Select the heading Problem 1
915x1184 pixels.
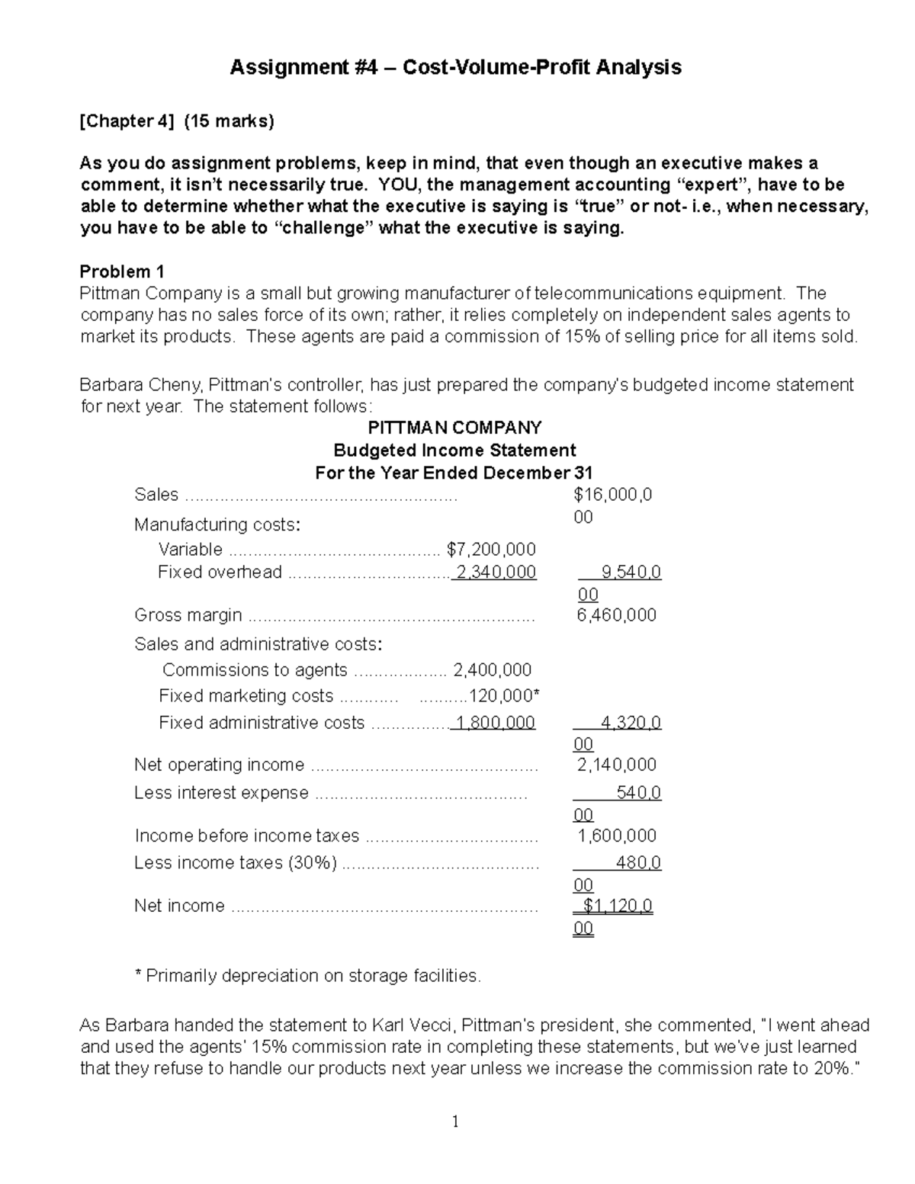click(x=122, y=272)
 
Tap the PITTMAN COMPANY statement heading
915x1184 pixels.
click(x=454, y=428)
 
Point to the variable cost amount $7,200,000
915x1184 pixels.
click(x=491, y=550)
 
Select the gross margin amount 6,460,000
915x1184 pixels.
click(x=616, y=615)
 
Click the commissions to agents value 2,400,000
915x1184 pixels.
click(x=492, y=670)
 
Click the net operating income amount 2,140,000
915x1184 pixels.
click(x=616, y=765)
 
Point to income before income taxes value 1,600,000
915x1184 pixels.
click(x=616, y=836)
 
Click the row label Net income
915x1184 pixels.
click(x=179, y=906)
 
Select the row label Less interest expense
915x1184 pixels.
click(x=221, y=793)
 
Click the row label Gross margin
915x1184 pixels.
click(x=188, y=615)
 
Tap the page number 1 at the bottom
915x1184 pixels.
click(x=455, y=1121)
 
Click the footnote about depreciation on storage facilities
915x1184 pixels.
click(x=307, y=976)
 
